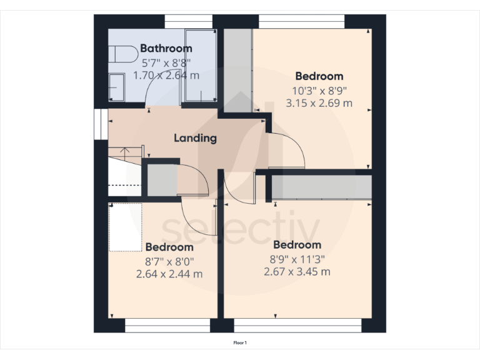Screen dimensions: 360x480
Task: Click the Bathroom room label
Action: click(166, 48)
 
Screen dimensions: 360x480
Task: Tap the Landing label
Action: click(195, 138)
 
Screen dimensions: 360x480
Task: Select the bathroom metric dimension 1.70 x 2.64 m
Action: click(166, 76)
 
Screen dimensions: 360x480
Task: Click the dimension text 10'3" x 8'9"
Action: click(319, 90)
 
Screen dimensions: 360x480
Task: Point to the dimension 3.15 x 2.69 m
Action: click(319, 103)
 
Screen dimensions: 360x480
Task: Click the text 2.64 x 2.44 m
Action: click(169, 274)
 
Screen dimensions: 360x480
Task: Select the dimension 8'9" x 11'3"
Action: click(297, 258)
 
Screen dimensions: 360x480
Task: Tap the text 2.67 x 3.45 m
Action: click(297, 271)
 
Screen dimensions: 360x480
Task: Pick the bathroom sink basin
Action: click(115, 86)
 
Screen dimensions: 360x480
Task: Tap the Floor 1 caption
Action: click(240, 342)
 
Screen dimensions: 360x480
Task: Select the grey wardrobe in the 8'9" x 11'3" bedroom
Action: click(322, 187)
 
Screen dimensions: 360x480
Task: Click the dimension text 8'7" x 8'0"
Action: click(169, 261)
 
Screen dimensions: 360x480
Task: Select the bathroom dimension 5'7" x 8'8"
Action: click(166, 62)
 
